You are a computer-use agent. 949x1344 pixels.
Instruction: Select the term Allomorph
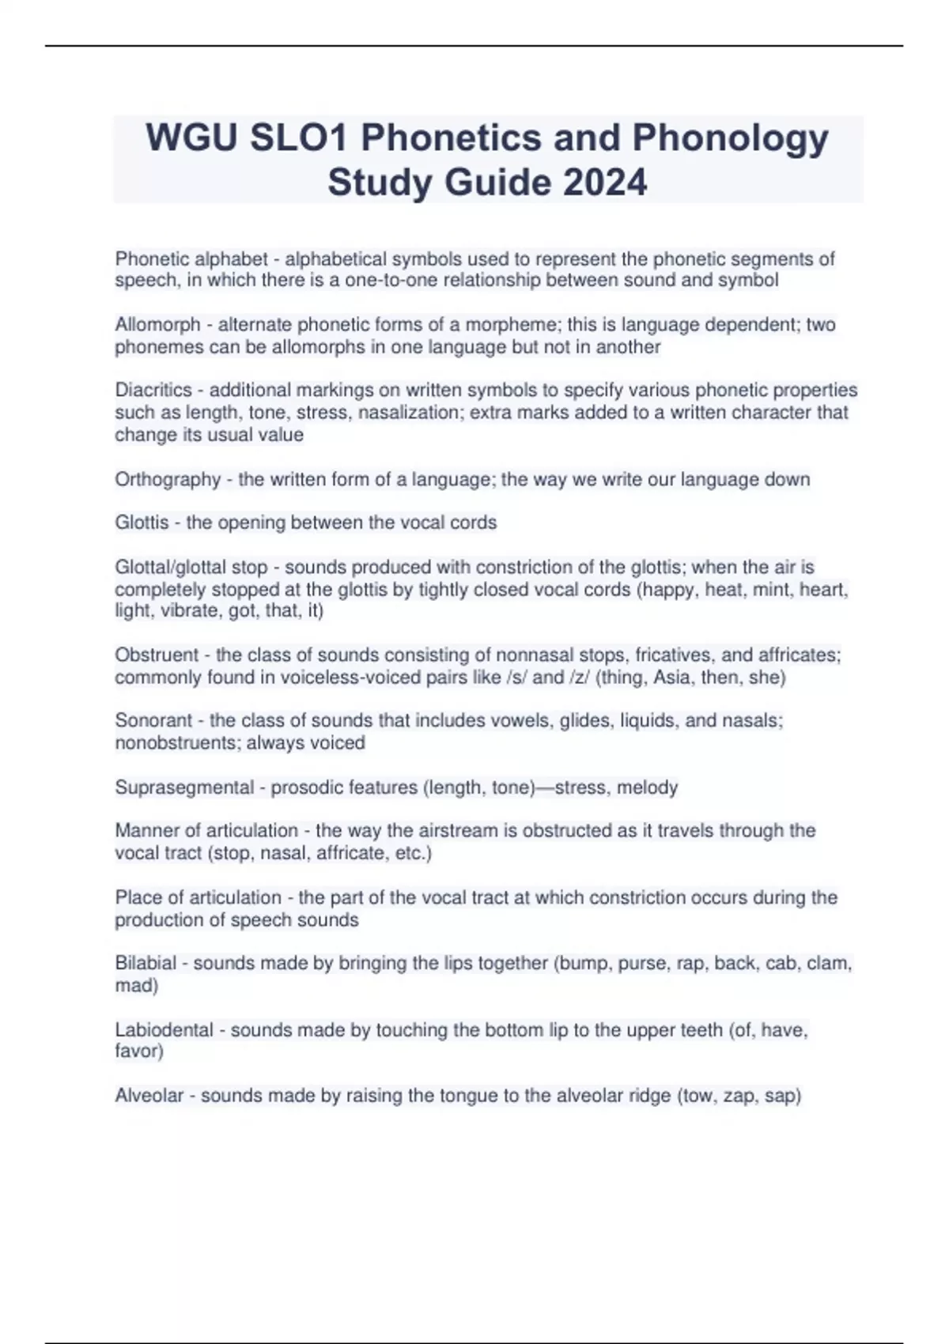[157, 324]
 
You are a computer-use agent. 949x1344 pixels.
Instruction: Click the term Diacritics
[153, 390]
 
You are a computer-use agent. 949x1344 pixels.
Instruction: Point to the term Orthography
[168, 479]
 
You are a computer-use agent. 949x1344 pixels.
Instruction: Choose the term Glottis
[142, 523]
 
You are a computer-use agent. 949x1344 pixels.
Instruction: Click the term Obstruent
[157, 655]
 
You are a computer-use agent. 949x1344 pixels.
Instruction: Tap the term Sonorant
[153, 720]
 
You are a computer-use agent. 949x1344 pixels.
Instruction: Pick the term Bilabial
[146, 963]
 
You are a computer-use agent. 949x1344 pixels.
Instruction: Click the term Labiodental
[164, 1030]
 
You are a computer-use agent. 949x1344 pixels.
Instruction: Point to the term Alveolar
[149, 1096]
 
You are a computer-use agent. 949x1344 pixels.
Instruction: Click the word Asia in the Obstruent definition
[671, 677]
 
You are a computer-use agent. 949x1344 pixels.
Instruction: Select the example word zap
[739, 1096]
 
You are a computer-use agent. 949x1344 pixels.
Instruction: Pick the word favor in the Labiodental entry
[137, 1051]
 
